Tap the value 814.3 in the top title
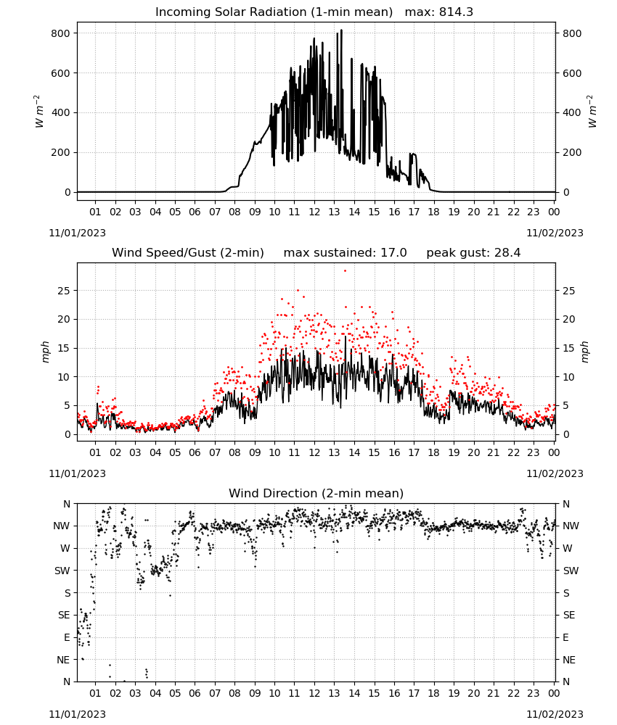[x=456, y=12]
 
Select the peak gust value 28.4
[x=507, y=252]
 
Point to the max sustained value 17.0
[x=393, y=252]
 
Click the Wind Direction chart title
[x=316, y=493]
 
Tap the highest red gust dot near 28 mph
[x=345, y=271]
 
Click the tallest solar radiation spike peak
[x=342, y=30]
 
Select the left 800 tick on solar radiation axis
[x=60, y=33]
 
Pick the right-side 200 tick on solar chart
[x=572, y=152]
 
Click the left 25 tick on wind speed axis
[x=64, y=291]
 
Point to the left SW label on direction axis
[x=62, y=571]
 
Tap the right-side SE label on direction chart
[x=569, y=615]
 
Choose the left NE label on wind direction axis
[x=63, y=660]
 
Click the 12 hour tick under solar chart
[x=314, y=212]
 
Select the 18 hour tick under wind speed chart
[x=433, y=452]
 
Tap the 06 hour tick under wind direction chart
[x=195, y=693]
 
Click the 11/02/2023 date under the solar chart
[x=555, y=233]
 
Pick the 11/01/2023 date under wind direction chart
[x=77, y=714]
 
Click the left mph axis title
[x=46, y=352]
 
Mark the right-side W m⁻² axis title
[x=592, y=112]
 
